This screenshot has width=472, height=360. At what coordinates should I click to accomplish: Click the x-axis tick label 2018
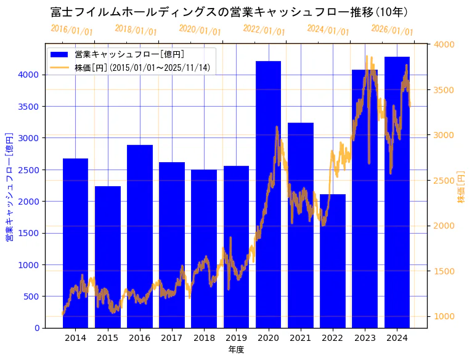(204, 338)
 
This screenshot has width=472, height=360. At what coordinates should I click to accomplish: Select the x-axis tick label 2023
(365, 338)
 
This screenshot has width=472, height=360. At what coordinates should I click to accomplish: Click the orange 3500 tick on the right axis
(444, 90)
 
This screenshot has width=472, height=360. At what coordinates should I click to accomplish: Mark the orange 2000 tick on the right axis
(444, 226)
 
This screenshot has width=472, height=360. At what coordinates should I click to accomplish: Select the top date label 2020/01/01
(200, 30)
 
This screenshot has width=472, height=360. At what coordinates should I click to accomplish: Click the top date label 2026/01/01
(392, 30)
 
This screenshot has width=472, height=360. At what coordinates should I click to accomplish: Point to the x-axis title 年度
(236, 350)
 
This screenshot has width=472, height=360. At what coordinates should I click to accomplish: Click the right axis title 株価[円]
(461, 188)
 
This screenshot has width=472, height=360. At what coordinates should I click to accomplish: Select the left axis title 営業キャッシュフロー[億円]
(9, 186)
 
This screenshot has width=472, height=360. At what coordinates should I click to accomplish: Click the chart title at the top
(229, 12)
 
